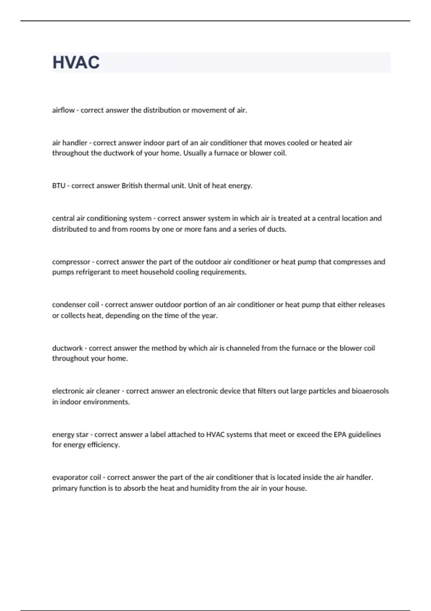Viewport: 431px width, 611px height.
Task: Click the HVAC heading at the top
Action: (x=76, y=63)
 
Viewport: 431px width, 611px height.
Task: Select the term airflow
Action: (x=63, y=110)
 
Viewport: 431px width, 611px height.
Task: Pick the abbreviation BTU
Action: (x=59, y=186)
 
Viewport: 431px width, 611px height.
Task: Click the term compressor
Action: (x=71, y=262)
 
